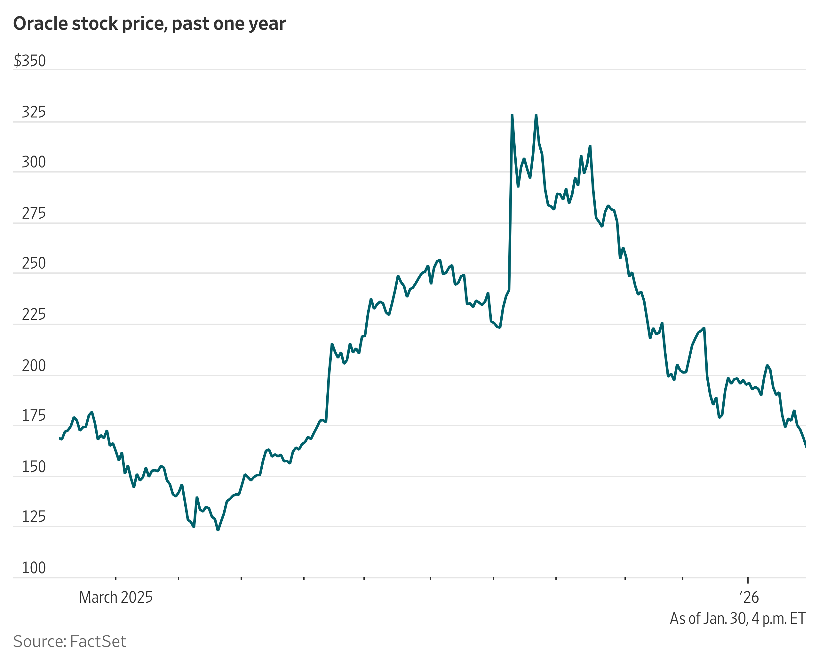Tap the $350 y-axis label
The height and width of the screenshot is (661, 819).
pyautogui.click(x=30, y=61)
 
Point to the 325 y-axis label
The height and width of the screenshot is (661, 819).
pyautogui.click(x=34, y=112)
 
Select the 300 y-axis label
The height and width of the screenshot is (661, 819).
pyautogui.click(x=34, y=162)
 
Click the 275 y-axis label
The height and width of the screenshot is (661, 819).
pyautogui.click(x=34, y=214)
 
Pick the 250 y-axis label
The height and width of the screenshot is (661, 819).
pyautogui.click(x=34, y=263)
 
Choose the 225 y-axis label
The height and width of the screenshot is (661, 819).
pyautogui.click(x=34, y=315)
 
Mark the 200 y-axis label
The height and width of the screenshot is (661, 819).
pyautogui.click(x=34, y=366)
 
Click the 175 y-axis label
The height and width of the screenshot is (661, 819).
pyautogui.click(x=34, y=416)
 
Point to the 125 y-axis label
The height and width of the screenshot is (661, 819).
pyautogui.click(x=34, y=517)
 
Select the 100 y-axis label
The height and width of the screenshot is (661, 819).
pyautogui.click(x=34, y=568)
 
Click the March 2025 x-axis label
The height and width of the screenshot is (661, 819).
pyautogui.click(x=116, y=597)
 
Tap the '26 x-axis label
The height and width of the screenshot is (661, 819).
pyautogui.click(x=749, y=597)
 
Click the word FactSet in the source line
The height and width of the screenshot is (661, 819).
pyautogui.click(x=98, y=641)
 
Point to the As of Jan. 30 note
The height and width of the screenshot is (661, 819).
pyautogui.click(x=737, y=619)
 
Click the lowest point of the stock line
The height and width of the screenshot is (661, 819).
pyautogui.click(x=218, y=530)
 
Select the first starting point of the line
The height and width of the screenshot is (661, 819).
pyautogui.click(x=60, y=438)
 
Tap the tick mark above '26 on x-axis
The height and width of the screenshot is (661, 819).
pyautogui.click(x=748, y=580)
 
